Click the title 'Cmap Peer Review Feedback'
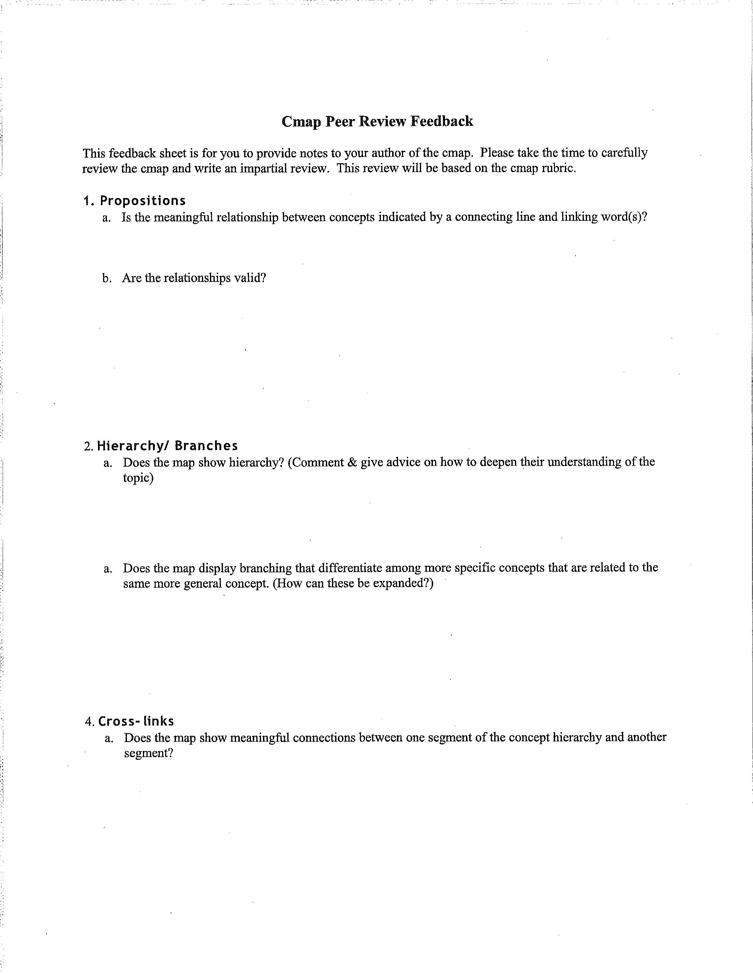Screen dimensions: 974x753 377,121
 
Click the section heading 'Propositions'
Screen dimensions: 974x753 142,201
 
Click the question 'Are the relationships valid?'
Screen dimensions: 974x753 194,278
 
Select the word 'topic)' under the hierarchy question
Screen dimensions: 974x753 138,478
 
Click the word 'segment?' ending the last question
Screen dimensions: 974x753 149,753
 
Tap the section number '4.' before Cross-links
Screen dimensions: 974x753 90,722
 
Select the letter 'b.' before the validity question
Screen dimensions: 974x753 107,279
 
